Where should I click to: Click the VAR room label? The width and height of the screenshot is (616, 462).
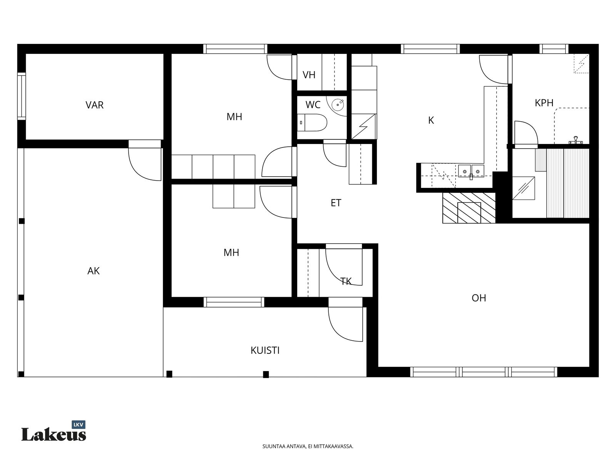[95, 105]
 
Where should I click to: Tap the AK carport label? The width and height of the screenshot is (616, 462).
[94, 271]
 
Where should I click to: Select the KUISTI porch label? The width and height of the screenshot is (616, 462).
[265, 350]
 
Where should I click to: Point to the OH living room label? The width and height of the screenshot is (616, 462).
[479, 298]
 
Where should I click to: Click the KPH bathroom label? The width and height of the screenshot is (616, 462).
[544, 103]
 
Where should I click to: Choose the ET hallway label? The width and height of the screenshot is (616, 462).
[336, 203]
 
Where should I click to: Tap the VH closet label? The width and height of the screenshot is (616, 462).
[309, 75]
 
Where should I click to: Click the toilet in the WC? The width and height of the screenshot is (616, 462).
[312, 122]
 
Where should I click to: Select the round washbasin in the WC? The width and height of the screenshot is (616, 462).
[338, 105]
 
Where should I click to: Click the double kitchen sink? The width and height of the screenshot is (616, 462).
[471, 171]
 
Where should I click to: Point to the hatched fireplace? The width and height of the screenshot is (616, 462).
[469, 208]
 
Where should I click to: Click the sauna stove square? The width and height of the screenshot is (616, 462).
[524, 188]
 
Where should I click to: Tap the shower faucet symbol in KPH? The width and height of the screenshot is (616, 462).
[575, 140]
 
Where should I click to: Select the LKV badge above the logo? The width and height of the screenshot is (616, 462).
[79, 425]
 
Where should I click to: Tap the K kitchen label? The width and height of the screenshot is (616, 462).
[431, 121]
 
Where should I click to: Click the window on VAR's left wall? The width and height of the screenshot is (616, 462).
[22, 96]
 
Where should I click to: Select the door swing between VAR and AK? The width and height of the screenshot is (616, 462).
[145, 164]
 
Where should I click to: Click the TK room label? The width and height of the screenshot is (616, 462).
[346, 281]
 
